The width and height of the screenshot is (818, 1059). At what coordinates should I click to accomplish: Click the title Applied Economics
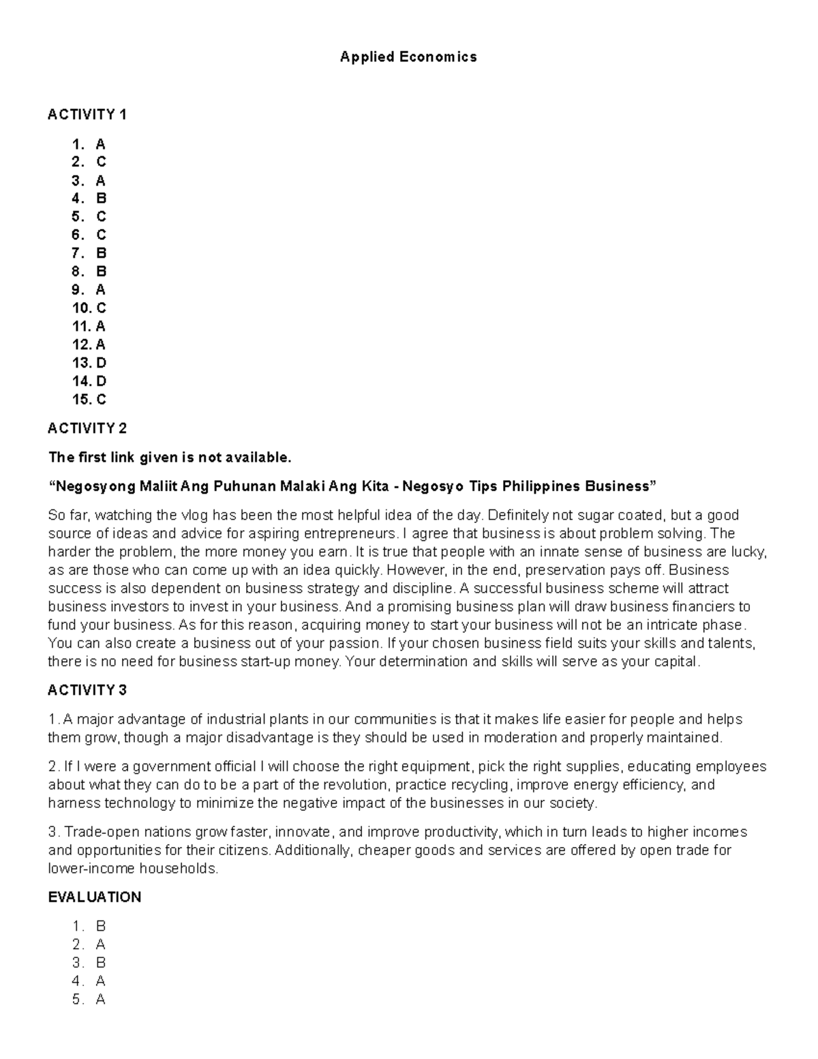(x=408, y=57)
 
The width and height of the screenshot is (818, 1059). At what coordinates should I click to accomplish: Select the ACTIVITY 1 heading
(x=87, y=115)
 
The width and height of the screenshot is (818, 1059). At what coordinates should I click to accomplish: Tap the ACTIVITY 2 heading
(x=87, y=428)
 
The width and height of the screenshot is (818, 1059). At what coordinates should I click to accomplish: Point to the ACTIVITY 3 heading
(x=87, y=690)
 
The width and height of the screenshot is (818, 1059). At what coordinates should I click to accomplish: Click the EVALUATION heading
(x=94, y=897)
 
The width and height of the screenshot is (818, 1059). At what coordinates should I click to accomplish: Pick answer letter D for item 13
(x=101, y=363)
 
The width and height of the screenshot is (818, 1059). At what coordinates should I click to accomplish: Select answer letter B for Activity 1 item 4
(x=101, y=198)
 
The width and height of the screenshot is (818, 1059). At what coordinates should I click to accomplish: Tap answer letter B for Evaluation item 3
(x=100, y=963)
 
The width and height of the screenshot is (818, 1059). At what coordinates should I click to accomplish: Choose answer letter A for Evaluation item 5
(x=100, y=1000)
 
